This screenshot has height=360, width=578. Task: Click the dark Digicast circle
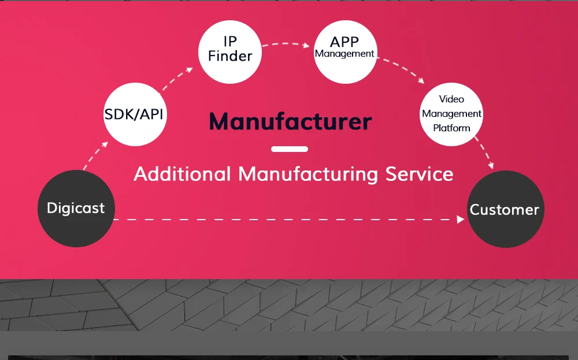click(76, 209)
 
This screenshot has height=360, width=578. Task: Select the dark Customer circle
click(505, 209)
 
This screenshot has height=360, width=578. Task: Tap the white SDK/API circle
click(134, 114)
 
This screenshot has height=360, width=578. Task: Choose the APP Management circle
click(345, 51)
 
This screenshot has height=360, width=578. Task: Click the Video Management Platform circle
click(451, 114)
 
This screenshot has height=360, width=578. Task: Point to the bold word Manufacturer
click(290, 122)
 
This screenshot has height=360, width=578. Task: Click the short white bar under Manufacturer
click(290, 149)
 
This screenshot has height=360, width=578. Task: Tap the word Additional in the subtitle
click(182, 174)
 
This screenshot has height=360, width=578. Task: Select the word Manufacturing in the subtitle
click(309, 174)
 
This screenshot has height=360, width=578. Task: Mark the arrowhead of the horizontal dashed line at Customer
click(461, 220)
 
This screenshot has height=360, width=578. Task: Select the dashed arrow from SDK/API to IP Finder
click(177, 79)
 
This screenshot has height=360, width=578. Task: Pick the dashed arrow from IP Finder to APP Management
click(286, 44)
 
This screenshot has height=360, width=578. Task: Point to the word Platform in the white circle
click(451, 128)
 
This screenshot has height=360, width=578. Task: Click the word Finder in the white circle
click(230, 56)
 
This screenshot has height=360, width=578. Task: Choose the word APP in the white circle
click(344, 42)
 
